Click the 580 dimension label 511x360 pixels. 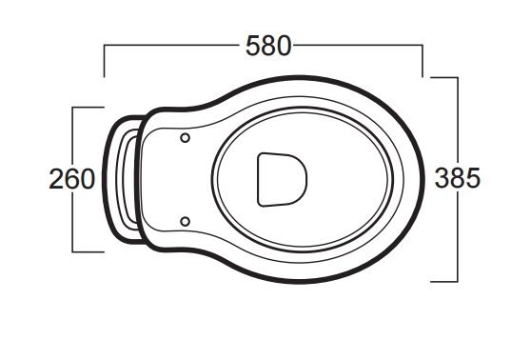coord(268,46)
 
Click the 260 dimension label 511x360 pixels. coord(71,179)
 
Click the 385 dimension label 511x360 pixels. coord(457,178)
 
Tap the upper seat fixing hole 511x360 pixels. coord(186,138)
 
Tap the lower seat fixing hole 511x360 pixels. coord(186,222)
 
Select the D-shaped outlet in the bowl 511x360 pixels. coord(283,180)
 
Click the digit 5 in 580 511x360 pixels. coord(253,46)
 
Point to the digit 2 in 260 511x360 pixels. coord(56,179)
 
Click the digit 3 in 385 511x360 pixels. coord(442,178)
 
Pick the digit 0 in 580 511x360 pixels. coord(284,46)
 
